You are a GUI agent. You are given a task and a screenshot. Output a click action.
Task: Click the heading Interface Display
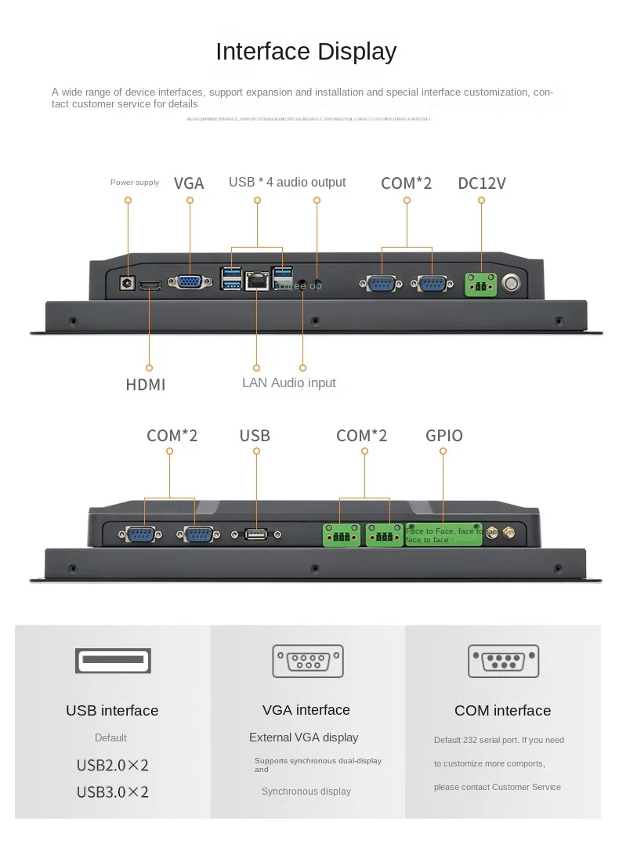click(306, 52)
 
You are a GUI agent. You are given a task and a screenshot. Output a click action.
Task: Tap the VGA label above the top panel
click(189, 183)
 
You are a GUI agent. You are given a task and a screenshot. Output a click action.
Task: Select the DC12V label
click(482, 183)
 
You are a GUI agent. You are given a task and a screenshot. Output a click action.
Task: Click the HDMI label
click(146, 385)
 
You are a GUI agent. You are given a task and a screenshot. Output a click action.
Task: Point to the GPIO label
click(444, 436)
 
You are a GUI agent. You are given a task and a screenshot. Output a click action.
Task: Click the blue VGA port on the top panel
click(189, 283)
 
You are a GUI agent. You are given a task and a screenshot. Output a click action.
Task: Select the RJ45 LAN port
click(257, 282)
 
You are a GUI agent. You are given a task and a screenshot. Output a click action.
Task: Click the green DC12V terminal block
click(481, 284)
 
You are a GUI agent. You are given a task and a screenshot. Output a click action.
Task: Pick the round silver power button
click(512, 283)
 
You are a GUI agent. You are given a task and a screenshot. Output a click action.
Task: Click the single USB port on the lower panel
click(255, 535)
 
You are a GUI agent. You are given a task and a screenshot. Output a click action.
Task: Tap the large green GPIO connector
click(451, 535)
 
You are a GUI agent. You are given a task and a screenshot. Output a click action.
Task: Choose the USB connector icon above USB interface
click(112, 661)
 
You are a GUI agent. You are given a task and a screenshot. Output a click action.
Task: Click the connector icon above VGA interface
click(307, 661)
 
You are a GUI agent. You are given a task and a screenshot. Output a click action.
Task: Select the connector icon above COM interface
click(503, 661)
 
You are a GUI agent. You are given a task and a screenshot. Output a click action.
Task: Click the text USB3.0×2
click(112, 792)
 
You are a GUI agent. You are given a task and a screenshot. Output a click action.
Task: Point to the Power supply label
click(135, 183)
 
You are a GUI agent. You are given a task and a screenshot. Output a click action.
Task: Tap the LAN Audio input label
click(288, 383)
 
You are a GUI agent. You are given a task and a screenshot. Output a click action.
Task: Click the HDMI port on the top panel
click(150, 284)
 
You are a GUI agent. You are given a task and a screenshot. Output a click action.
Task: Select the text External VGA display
click(303, 737)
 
